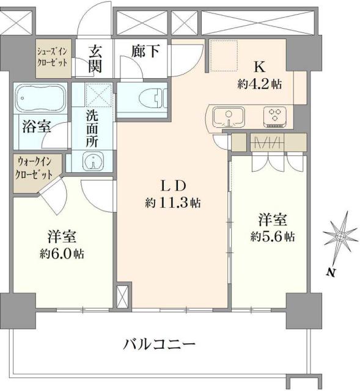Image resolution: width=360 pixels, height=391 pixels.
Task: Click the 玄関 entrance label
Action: (x=96, y=59)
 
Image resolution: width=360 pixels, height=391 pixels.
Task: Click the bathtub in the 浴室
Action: (x=40, y=97)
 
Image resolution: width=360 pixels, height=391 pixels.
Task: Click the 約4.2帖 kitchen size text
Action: (x=260, y=85)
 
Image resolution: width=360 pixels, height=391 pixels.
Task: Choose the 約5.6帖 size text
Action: (x=273, y=236)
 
